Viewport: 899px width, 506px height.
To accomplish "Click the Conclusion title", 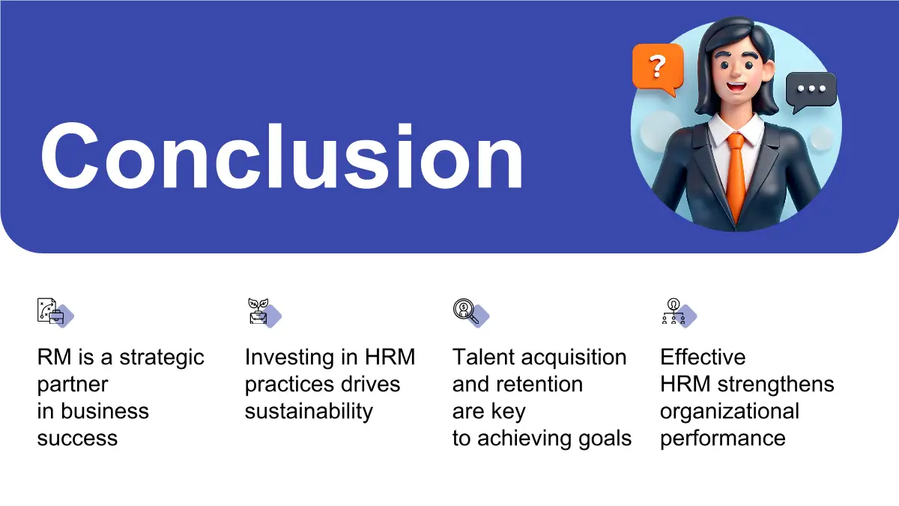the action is coord(282,156).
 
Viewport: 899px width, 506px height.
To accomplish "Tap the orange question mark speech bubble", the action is coord(658,69).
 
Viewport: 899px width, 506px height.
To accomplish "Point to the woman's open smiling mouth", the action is coord(736,86).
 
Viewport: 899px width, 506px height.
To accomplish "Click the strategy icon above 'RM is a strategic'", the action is coord(55,313).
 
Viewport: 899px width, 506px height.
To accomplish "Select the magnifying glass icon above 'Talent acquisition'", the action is coord(471,313).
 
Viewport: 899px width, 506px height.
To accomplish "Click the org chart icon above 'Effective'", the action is coord(679,313).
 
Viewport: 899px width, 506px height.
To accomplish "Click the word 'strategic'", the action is coord(162,358).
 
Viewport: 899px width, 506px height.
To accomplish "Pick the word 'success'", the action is coord(77,438).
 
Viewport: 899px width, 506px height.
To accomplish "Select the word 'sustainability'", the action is coord(309,412).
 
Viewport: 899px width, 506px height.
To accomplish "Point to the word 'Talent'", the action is coord(483,357).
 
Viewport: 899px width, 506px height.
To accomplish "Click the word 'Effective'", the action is coord(703,357).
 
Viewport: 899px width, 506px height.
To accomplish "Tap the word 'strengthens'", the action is coord(776,385).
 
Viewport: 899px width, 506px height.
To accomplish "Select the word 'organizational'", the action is coord(730,412).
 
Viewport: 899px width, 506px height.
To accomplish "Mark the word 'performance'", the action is coord(723,439).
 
